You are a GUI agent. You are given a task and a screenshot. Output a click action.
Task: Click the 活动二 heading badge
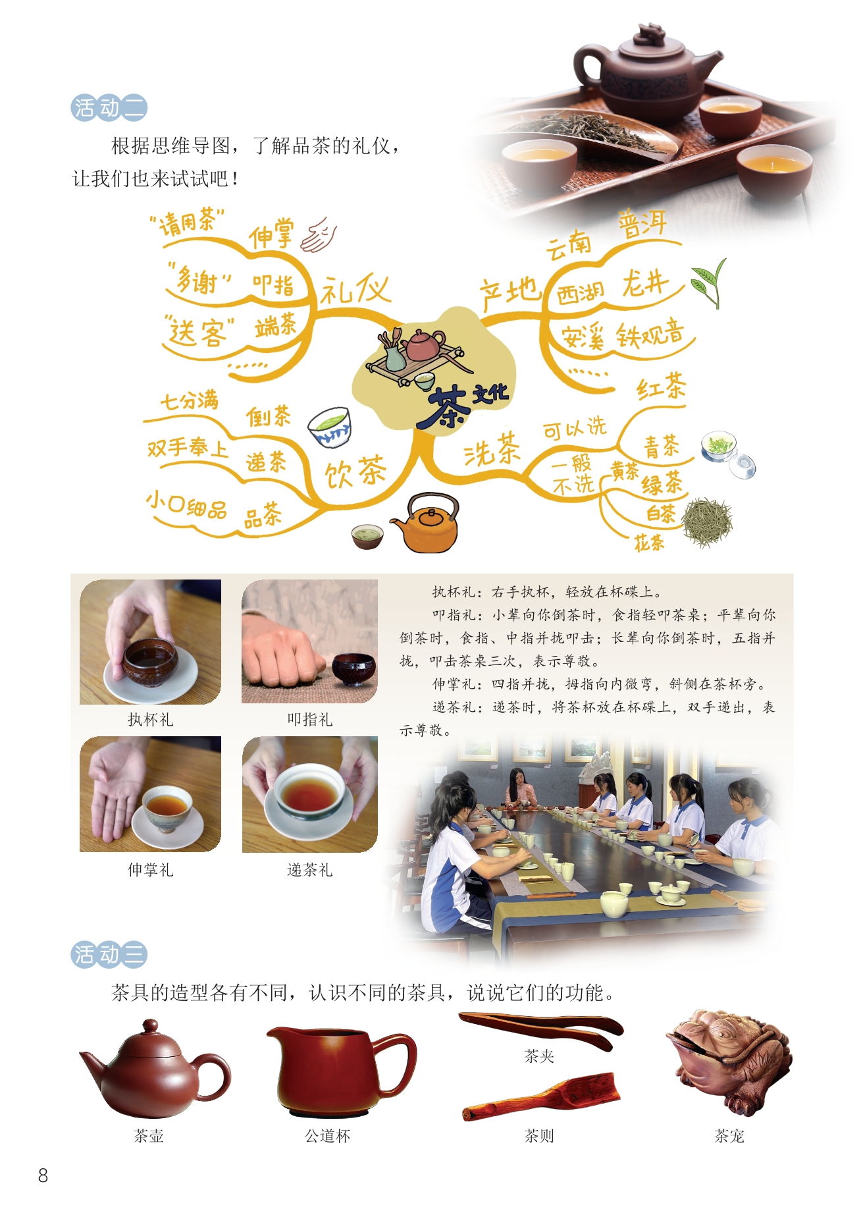pyautogui.click(x=109, y=108)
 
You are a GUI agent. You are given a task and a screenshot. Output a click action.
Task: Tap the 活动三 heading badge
pyautogui.click(x=109, y=955)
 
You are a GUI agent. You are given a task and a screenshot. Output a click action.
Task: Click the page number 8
pyautogui.click(x=43, y=1175)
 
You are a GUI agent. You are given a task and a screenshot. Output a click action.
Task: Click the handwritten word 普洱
pyautogui.click(x=642, y=225)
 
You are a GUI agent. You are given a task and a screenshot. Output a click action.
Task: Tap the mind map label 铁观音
pyautogui.click(x=650, y=335)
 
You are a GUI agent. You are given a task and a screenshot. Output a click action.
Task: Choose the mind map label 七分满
pyautogui.click(x=190, y=400)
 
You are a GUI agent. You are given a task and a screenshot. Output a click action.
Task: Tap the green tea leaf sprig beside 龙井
pyautogui.click(x=708, y=282)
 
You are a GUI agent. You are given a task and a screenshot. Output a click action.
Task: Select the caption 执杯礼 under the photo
pyautogui.click(x=151, y=720)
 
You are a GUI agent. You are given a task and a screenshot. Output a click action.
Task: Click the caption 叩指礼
pyautogui.click(x=310, y=720)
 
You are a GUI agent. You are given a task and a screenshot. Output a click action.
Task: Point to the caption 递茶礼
pyautogui.click(x=310, y=870)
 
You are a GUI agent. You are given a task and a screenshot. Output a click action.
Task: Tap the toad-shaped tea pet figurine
pyautogui.click(x=729, y=1060)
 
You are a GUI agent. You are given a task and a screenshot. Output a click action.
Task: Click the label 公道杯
pyautogui.click(x=328, y=1136)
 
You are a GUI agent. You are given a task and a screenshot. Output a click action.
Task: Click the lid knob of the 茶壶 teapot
pyautogui.click(x=151, y=1026)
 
